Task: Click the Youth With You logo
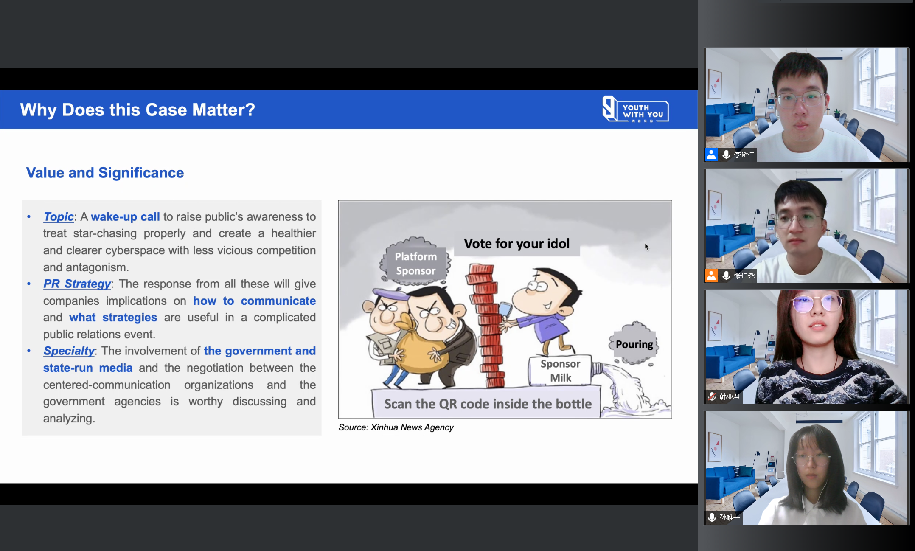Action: point(635,109)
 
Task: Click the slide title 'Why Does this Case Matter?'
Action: point(138,110)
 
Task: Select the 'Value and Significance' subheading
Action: point(105,173)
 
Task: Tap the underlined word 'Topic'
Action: point(59,216)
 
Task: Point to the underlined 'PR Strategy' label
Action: point(77,284)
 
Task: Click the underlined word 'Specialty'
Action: point(69,351)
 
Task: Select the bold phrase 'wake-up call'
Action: point(125,216)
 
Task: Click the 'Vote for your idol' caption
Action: point(516,244)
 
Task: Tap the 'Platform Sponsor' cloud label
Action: point(415,264)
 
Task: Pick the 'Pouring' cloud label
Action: point(634,344)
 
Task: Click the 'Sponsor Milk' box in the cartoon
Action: point(560,371)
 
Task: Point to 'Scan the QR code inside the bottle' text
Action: point(488,404)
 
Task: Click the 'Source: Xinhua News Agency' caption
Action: point(396,427)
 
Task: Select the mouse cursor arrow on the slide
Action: point(646,247)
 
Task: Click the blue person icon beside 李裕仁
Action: point(711,155)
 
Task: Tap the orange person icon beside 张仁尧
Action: point(711,275)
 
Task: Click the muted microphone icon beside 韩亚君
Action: point(712,396)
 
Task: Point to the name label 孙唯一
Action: point(730,517)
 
